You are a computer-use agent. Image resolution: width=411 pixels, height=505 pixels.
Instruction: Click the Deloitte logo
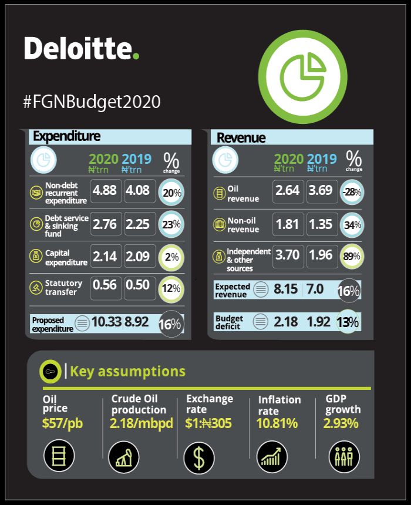(82, 48)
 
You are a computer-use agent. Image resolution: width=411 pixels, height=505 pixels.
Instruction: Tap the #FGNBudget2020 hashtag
(92, 101)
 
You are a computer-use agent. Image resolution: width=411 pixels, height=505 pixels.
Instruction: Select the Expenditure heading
(66, 136)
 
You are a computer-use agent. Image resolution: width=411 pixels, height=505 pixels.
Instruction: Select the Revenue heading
(241, 138)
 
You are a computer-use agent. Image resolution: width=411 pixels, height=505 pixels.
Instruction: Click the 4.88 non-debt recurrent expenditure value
(106, 191)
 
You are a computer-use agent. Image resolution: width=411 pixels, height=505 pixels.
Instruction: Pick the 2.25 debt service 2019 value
(140, 224)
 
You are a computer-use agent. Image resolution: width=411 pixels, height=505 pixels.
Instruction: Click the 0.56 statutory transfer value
(106, 286)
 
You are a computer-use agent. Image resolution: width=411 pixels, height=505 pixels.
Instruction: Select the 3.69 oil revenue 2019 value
(321, 191)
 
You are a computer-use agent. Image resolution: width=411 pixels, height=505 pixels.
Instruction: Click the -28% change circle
(352, 192)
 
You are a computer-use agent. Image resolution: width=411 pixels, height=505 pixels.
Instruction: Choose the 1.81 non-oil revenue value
(288, 224)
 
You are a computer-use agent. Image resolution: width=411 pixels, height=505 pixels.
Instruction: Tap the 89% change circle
(352, 255)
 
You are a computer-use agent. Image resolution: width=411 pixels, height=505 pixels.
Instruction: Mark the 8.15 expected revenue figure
(286, 289)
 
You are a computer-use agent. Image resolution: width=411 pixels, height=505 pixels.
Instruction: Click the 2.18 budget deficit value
(286, 322)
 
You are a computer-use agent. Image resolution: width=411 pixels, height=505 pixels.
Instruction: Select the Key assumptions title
(127, 371)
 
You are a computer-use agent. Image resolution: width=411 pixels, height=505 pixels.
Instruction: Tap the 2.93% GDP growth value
(341, 423)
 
